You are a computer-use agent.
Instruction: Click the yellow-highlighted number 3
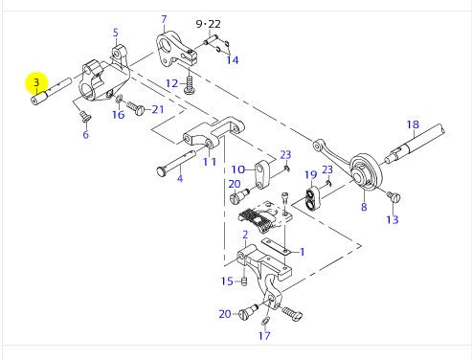36,82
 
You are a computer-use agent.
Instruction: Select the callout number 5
116,33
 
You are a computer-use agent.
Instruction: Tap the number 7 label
164,19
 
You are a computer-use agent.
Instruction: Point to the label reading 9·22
208,23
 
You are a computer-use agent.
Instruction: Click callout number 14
232,60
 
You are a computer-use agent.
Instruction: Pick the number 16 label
118,115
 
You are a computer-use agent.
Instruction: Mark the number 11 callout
208,162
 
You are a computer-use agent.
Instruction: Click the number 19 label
310,174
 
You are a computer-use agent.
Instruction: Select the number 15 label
227,281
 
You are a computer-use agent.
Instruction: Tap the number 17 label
265,335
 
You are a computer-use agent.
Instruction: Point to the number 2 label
245,234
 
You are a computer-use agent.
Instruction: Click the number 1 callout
303,252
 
